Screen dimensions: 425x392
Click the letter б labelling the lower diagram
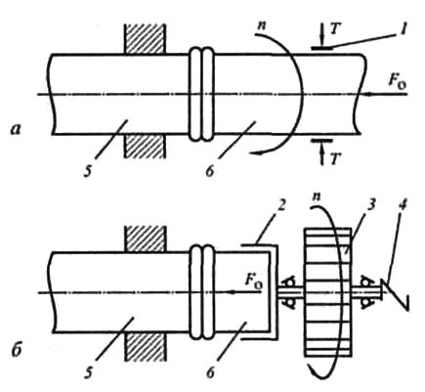[15, 353]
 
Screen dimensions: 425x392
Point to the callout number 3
[372, 204]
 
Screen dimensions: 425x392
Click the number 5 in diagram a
[87, 171]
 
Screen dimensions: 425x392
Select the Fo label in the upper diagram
[398, 81]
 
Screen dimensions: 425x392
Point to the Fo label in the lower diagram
[254, 278]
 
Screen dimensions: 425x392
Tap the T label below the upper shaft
[334, 158]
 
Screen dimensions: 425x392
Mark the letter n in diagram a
[260, 26]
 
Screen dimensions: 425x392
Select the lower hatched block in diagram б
[144, 347]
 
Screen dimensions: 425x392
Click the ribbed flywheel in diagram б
[327, 292]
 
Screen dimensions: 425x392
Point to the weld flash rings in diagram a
[202, 95]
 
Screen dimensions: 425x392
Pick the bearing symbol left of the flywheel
[289, 292]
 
